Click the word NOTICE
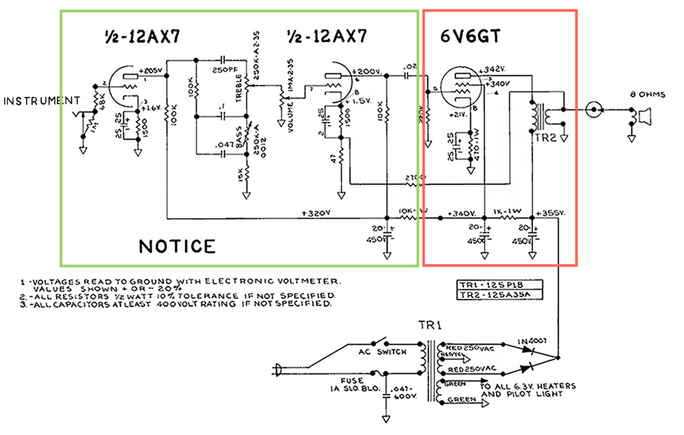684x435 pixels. pos(177,246)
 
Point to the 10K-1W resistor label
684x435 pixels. pos(414,210)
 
